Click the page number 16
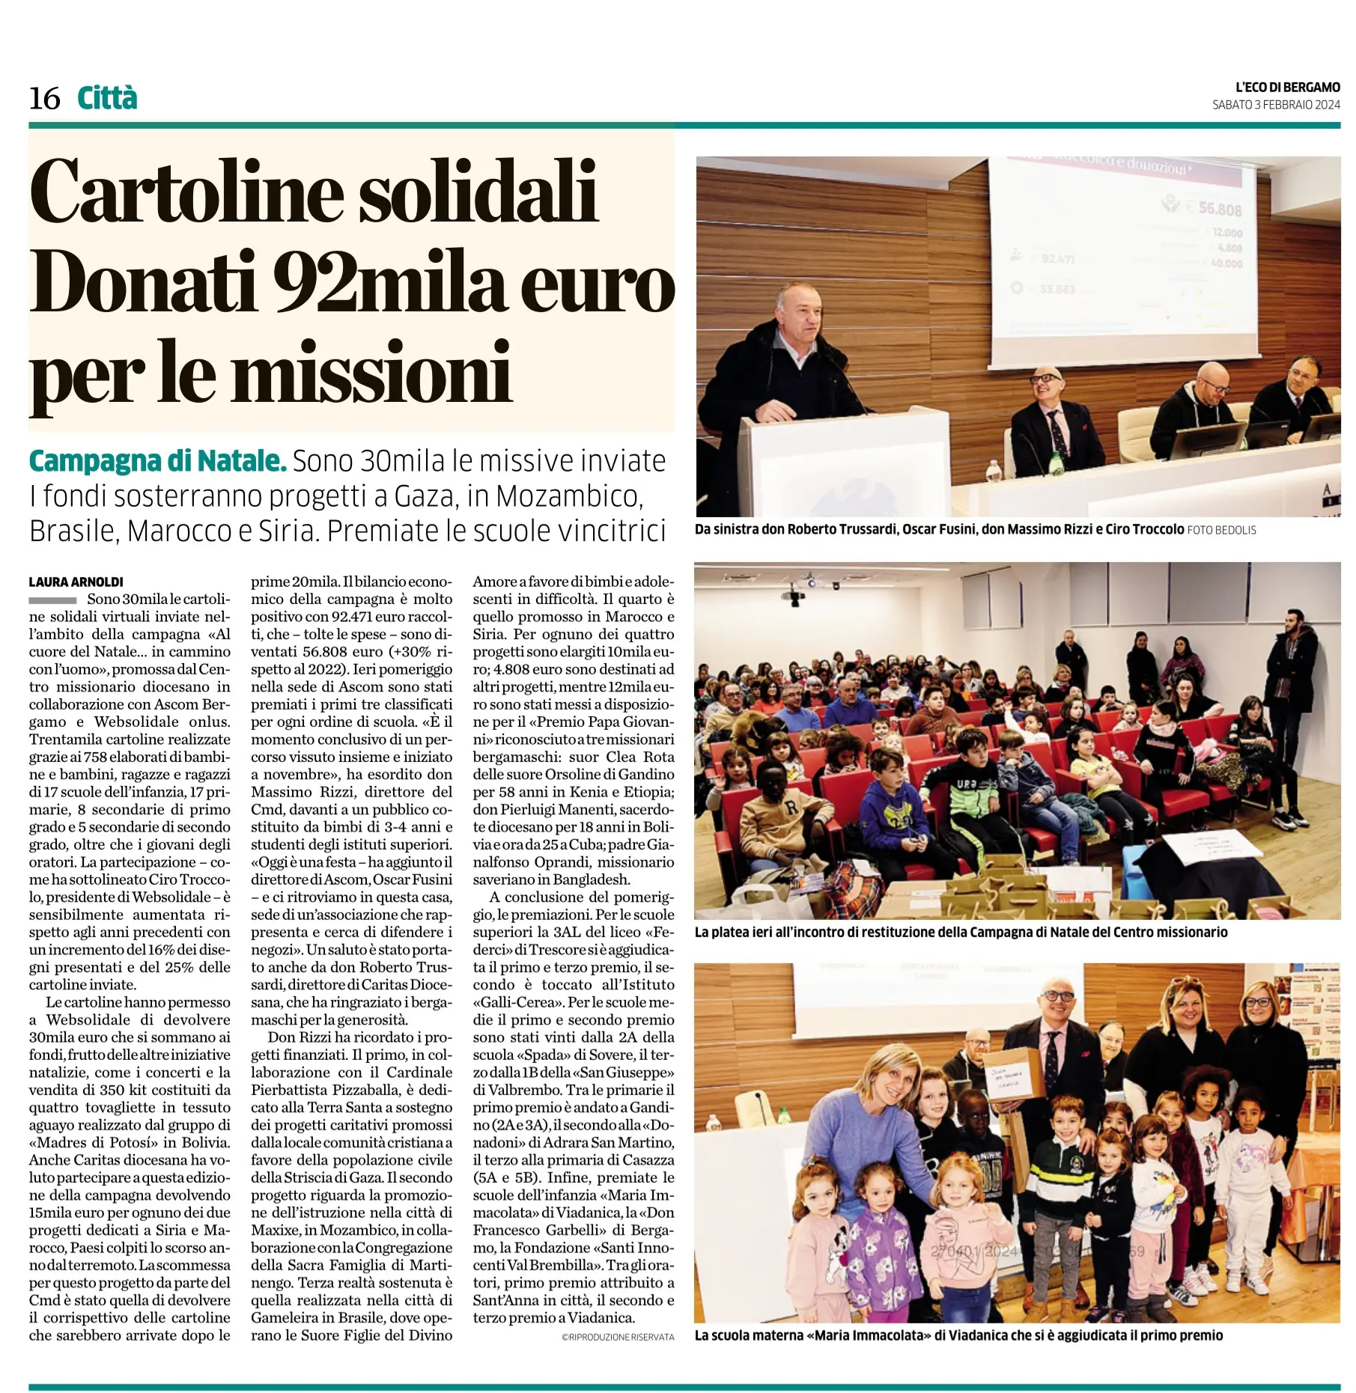(x=44, y=99)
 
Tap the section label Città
(x=107, y=99)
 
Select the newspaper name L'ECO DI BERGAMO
(x=1287, y=88)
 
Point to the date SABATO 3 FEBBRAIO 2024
(x=1276, y=105)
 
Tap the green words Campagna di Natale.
(x=157, y=461)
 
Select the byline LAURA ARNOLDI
(x=76, y=582)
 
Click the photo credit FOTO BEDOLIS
(x=1221, y=530)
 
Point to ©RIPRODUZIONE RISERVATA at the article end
(x=618, y=1337)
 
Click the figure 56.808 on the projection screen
(x=1220, y=209)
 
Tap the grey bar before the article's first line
(x=52, y=600)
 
